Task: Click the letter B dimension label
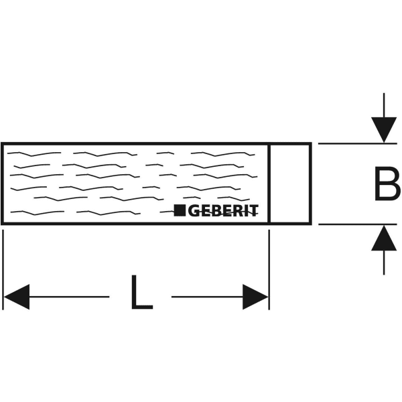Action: click(387, 184)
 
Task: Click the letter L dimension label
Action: click(142, 292)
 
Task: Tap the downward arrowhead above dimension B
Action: click(384, 130)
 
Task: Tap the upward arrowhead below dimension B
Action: click(384, 238)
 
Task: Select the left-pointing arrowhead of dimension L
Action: click(17, 297)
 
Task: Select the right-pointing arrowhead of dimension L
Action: click(255, 297)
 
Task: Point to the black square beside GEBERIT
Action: click(180, 210)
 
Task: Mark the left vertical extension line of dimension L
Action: click(3, 270)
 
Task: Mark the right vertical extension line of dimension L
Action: click(269, 270)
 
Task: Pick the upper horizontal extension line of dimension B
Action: click(358, 143)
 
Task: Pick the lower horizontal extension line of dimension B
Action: click(358, 224)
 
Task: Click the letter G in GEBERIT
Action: click(194, 211)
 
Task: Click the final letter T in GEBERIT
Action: click(253, 211)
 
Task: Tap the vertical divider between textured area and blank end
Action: click(269, 184)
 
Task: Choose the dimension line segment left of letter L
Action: click(69, 297)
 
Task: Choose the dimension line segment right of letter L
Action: click(208, 297)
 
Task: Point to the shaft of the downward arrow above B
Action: click(384, 105)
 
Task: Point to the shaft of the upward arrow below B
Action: click(384, 263)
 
